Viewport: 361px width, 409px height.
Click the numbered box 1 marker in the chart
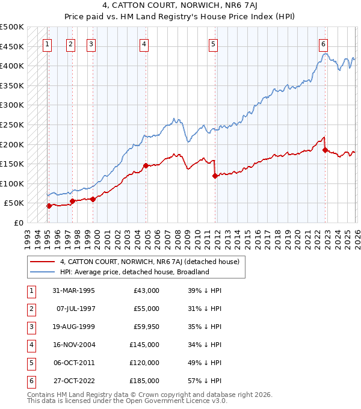click(48, 43)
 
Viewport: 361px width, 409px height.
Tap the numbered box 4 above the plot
click(144, 43)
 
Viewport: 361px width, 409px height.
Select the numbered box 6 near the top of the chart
click(324, 43)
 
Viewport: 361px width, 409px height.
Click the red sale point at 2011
click(215, 176)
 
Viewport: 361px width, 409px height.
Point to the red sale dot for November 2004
click(146, 165)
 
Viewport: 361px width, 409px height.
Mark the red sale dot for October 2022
click(325, 150)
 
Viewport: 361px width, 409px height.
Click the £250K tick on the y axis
click(12, 125)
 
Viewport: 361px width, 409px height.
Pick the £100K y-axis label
click(12, 183)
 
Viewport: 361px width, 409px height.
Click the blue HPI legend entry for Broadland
click(134, 272)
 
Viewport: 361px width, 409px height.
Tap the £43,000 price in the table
click(146, 291)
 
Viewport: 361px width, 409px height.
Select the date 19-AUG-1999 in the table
click(73, 327)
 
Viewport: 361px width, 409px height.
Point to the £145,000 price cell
click(144, 345)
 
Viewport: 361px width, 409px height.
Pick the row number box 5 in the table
click(30, 363)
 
